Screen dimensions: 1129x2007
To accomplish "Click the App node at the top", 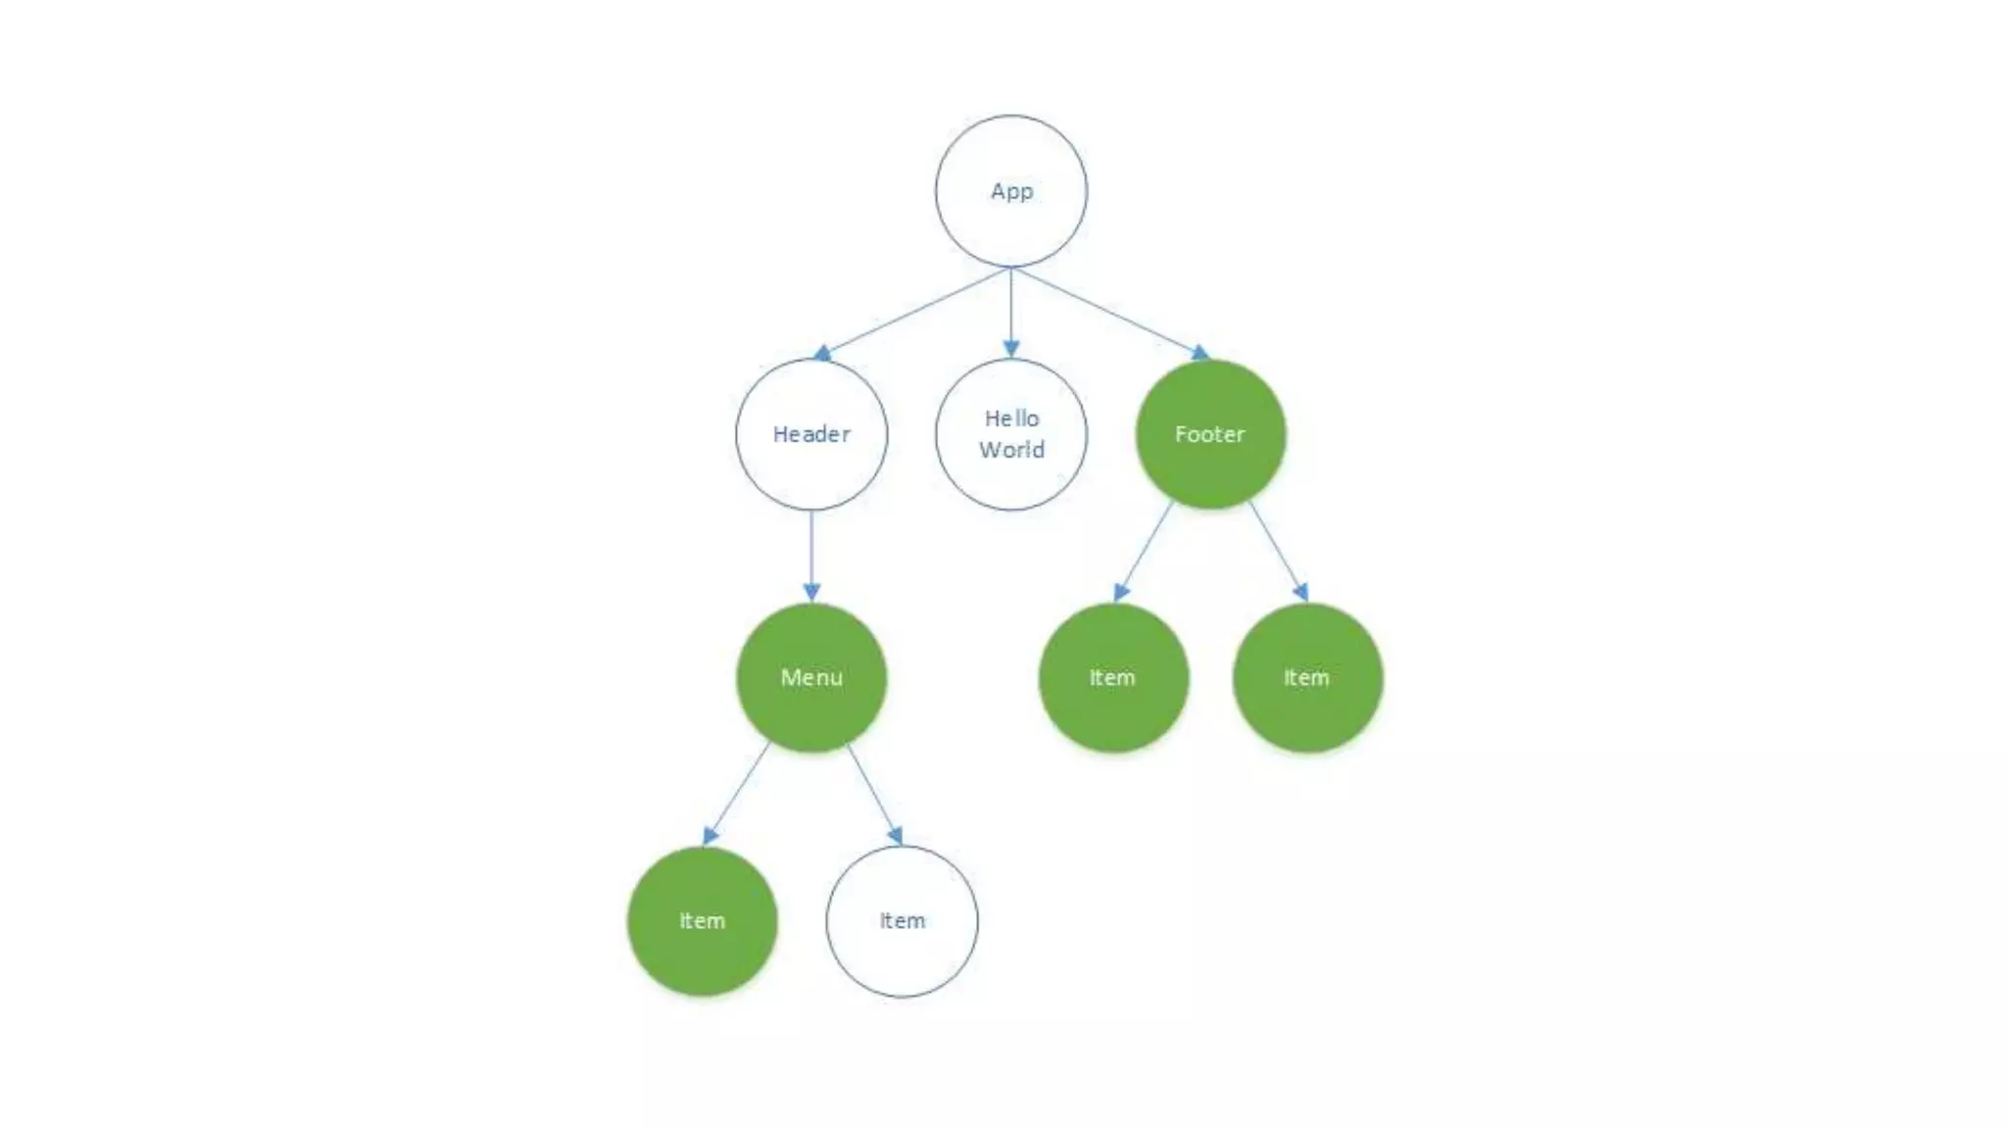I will click(x=1010, y=191).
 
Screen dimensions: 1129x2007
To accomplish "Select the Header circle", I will click(x=811, y=434).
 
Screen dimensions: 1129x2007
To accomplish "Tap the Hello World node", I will click(x=1010, y=434).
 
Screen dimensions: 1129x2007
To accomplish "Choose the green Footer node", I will click(x=1210, y=434).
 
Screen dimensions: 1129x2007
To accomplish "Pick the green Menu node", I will click(x=811, y=677).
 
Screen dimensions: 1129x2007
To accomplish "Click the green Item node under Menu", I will click(x=703, y=921).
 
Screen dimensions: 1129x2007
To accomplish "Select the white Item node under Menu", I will click(x=902, y=921).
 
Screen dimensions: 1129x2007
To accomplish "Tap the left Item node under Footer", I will click(x=1113, y=677).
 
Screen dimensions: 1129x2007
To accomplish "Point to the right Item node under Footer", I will click(x=1307, y=677).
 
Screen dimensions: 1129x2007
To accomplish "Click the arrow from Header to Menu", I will click(x=811, y=554).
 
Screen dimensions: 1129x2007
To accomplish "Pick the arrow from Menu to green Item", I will click(x=738, y=792).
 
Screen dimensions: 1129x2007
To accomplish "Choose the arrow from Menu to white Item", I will click(x=873, y=792).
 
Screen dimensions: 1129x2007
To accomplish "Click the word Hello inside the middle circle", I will click(x=1011, y=418).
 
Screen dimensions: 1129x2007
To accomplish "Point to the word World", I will click(x=1011, y=450).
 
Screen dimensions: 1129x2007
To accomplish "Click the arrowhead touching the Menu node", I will click(x=811, y=592).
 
